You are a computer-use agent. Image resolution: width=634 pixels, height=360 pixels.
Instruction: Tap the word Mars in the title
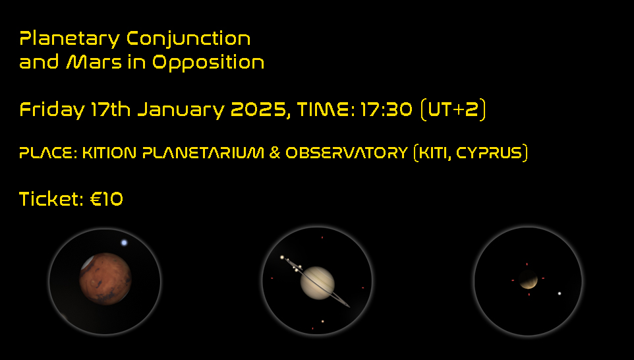(94, 62)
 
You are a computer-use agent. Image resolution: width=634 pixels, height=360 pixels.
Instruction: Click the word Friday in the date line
(52, 110)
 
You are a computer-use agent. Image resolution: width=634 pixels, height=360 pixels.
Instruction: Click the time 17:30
(386, 109)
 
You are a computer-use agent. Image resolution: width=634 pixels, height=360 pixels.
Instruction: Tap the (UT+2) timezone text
(453, 109)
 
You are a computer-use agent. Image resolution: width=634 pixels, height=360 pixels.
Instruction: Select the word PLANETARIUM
(203, 153)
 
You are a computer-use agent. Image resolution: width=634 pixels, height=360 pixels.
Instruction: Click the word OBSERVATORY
(347, 153)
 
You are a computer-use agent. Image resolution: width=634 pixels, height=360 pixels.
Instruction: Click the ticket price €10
(106, 199)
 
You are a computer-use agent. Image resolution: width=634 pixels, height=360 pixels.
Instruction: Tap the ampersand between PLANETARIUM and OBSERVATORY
(275, 153)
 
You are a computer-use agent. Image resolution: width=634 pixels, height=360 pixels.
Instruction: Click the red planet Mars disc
(105, 279)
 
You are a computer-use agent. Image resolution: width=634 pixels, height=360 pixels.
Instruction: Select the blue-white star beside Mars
(124, 243)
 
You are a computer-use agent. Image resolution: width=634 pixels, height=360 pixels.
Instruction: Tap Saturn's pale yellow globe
(318, 283)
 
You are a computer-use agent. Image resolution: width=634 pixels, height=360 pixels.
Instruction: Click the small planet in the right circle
(528, 280)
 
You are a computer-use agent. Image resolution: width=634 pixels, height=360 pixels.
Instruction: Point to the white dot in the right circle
(560, 293)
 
